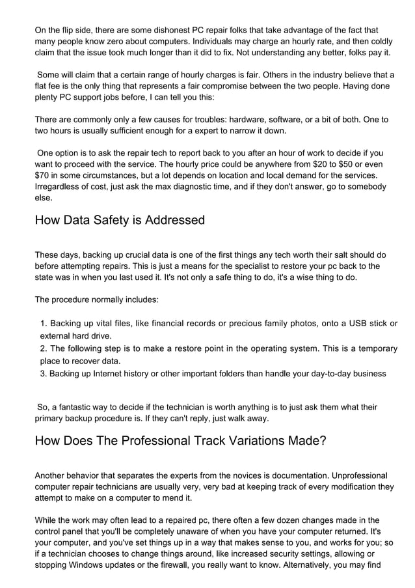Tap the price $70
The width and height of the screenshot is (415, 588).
click(45, 175)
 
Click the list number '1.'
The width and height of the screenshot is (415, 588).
click(44, 324)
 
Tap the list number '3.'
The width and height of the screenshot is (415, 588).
click(44, 373)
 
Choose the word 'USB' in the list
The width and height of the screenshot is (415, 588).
click(358, 324)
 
